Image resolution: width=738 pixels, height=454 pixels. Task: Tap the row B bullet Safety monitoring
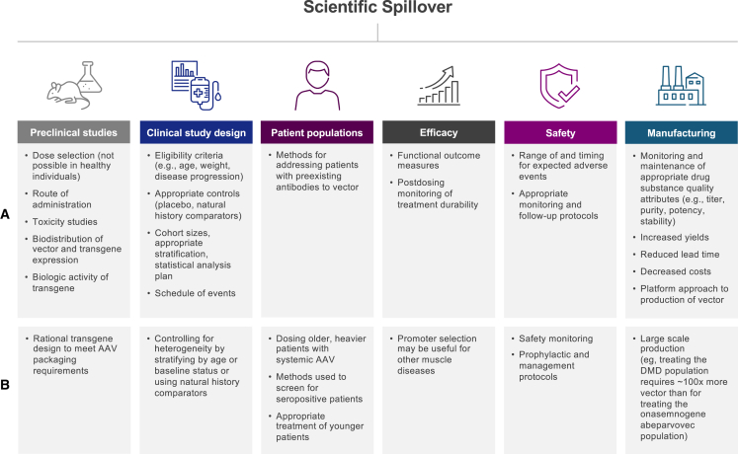click(559, 339)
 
